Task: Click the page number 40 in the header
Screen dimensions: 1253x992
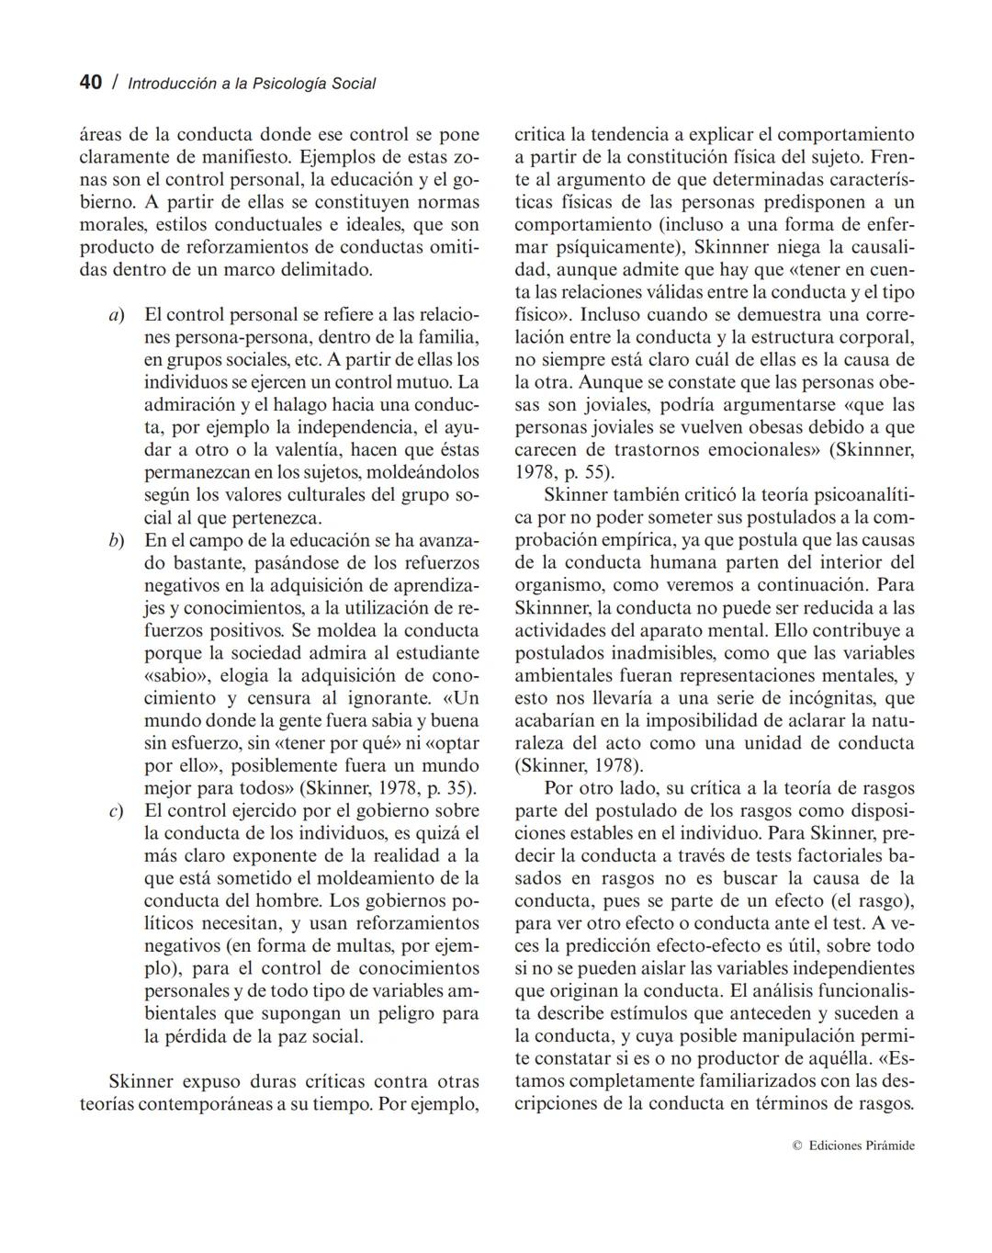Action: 90,83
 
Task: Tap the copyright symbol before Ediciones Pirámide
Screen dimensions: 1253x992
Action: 796,1146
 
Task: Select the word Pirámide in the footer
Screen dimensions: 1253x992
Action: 890,1146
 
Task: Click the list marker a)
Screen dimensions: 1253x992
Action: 116,315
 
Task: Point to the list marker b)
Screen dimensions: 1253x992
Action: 116,540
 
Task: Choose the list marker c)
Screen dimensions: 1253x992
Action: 116,810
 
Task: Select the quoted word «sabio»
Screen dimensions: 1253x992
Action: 173,675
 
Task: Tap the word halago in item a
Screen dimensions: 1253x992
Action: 284,405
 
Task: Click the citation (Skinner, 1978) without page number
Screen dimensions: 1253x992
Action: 579,765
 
